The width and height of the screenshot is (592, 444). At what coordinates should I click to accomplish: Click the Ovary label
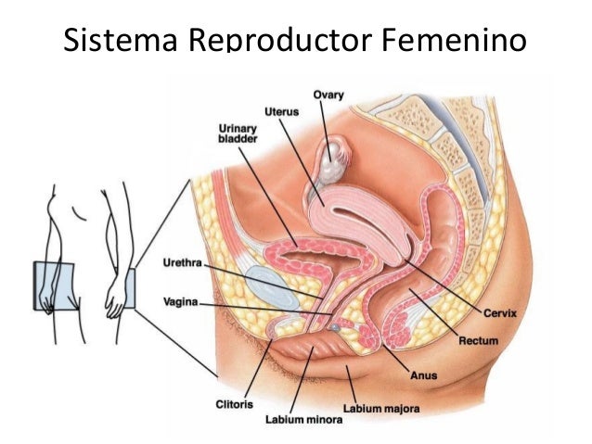coord(328,94)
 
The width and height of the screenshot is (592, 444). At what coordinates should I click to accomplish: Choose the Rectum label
coord(479,341)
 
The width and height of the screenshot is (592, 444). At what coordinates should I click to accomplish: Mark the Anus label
coord(422,375)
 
